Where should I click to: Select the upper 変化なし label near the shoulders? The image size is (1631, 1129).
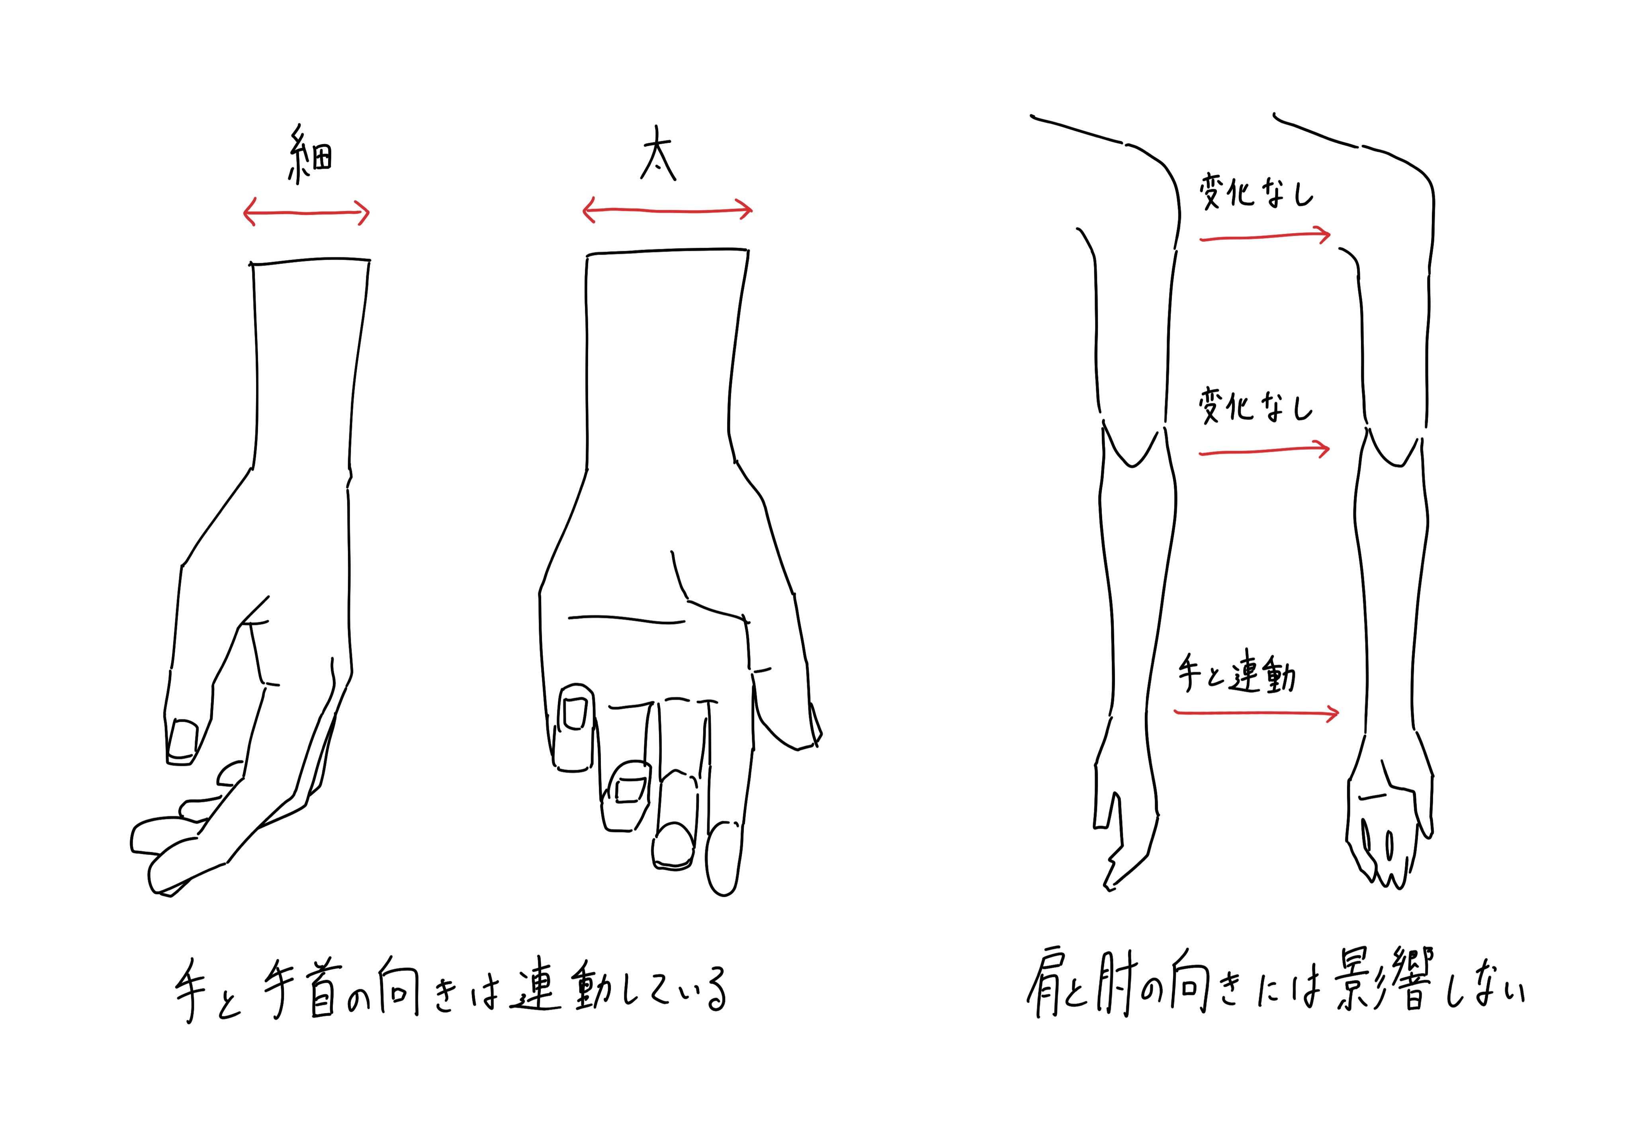(x=1256, y=192)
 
